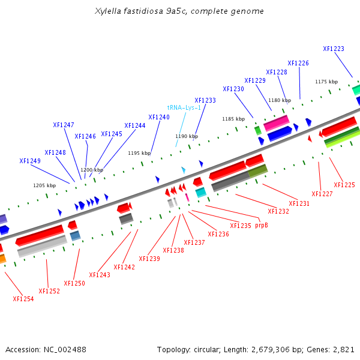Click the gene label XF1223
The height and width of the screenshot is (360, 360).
coord(334,49)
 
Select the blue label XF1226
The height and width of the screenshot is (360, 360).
coord(298,63)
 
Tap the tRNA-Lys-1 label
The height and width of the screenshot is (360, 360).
coord(184,107)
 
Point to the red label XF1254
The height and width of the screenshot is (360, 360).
coord(23,298)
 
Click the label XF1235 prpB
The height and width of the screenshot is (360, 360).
coord(249,226)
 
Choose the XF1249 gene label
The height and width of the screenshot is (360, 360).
coord(30,161)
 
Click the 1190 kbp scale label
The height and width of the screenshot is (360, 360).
coord(187,136)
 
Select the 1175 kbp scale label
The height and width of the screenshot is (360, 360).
coord(326,82)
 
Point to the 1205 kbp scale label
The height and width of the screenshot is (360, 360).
coord(44,185)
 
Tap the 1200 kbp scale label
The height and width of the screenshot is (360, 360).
coord(92,170)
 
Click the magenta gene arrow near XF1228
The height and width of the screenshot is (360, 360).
coord(277,124)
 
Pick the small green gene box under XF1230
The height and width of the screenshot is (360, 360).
coord(257,130)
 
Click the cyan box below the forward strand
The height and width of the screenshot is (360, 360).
coord(200,192)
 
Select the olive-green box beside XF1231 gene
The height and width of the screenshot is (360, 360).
coord(257,171)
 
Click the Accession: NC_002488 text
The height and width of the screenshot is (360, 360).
coord(46,349)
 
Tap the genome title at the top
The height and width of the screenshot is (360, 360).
coord(179,11)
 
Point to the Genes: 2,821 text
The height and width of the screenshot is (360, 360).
coord(330,349)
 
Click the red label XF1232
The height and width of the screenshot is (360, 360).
coord(278,211)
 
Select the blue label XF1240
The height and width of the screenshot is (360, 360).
coord(159,117)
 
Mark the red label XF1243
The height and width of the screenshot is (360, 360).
coord(100,275)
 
